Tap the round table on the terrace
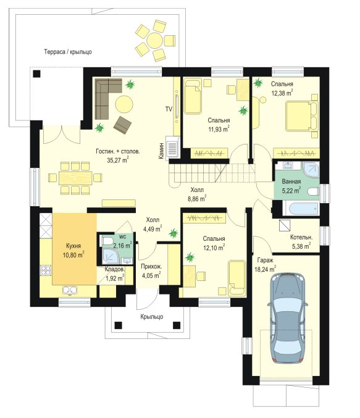coord(154,40)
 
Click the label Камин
coord(161,151)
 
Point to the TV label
coord(169,109)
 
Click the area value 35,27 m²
coord(118,160)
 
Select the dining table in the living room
coord(75,178)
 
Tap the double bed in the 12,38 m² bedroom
coord(302,116)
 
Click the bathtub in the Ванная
coord(301,208)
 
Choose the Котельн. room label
coord(301,237)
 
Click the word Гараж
coord(265,260)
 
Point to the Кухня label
coord(73,246)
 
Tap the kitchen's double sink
coord(70,290)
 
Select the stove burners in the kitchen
coord(46,270)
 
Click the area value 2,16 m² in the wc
coord(122,245)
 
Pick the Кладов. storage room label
coord(114,269)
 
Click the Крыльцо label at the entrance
coord(152,317)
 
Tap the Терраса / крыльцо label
coord(68,51)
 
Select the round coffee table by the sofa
coord(124,104)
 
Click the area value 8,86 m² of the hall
coord(196,199)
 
